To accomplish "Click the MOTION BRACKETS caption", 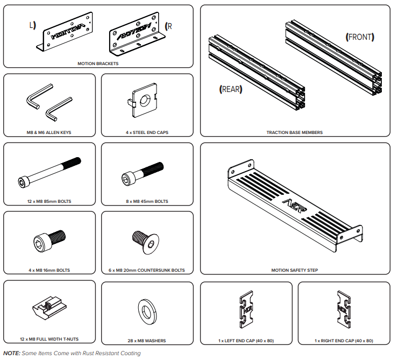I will coord(98,63).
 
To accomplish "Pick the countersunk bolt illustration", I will coord(146,241).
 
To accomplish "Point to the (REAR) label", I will coord(231,89).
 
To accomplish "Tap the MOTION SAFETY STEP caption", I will coord(294,270).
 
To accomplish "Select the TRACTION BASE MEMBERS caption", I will coord(295,132).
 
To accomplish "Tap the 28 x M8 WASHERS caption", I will coord(147,341).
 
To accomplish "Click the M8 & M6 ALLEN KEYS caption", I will coord(49,132).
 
